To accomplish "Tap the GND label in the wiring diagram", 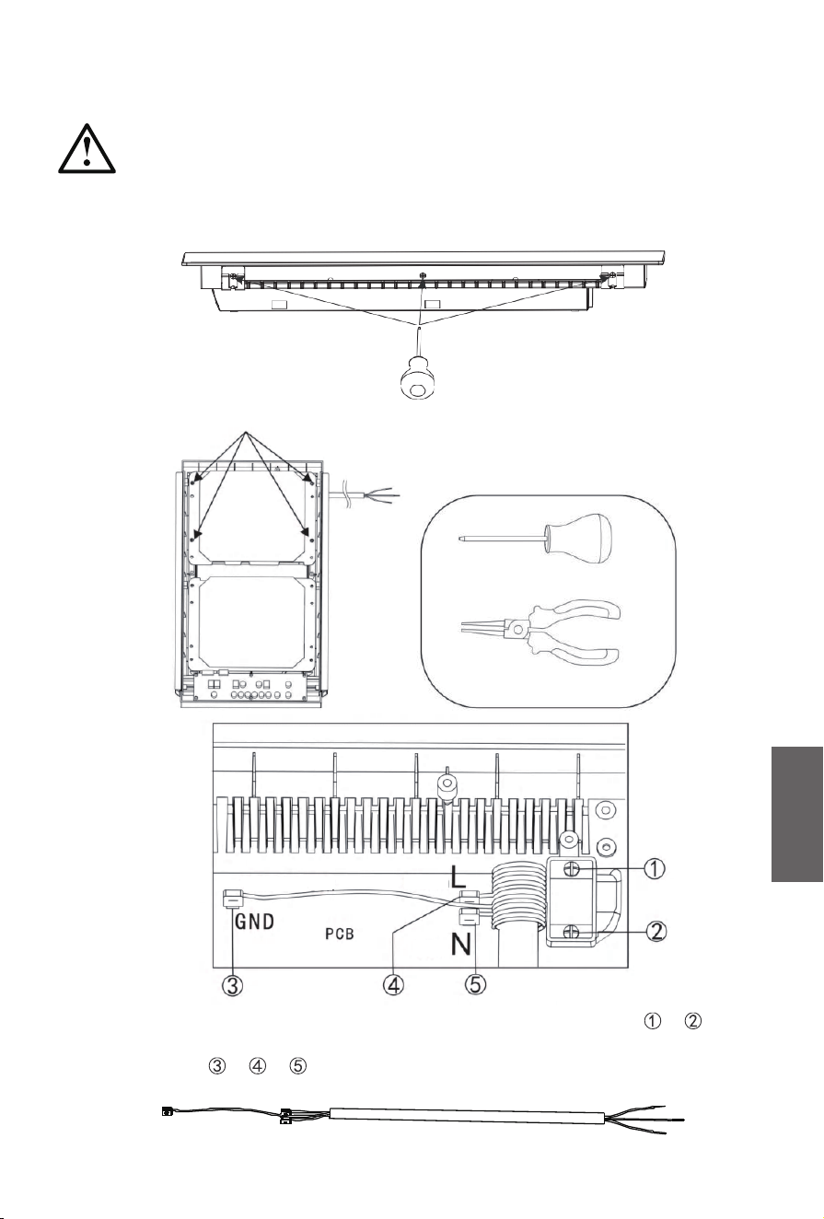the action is (x=254, y=922).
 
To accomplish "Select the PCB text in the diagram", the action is (x=340, y=934).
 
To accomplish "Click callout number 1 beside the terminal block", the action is (x=655, y=868).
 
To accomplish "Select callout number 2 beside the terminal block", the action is (x=657, y=932).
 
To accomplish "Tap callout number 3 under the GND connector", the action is (x=232, y=985).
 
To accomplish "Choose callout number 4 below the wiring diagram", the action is (x=393, y=984).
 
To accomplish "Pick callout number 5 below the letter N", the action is (x=475, y=984).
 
